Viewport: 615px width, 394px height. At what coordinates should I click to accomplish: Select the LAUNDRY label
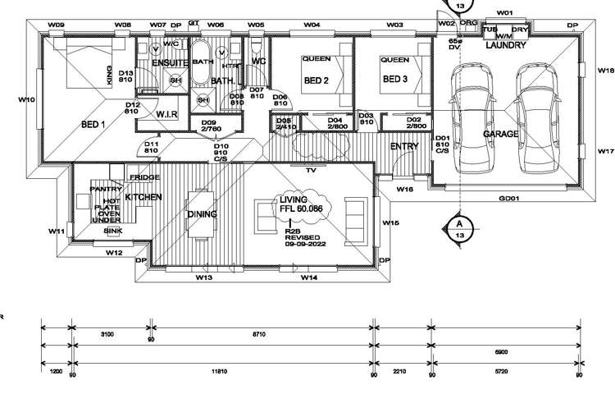click(505, 46)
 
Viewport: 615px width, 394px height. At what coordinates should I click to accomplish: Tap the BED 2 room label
click(317, 80)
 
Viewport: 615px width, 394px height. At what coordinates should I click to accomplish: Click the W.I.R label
click(168, 116)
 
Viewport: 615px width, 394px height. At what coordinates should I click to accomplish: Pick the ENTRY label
click(404, 147)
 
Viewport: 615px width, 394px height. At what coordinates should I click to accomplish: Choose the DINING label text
click(202, 214)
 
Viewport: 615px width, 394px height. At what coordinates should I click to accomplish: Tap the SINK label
click(113, 231)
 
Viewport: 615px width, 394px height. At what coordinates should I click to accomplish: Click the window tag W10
click(25, 99)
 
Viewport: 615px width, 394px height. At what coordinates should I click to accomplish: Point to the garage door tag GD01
click(509, 199)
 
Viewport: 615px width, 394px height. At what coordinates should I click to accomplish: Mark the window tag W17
click(606, 152)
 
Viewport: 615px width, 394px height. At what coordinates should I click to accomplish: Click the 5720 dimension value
click(499, 372)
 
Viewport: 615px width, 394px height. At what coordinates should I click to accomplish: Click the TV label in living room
click(311, 172)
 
